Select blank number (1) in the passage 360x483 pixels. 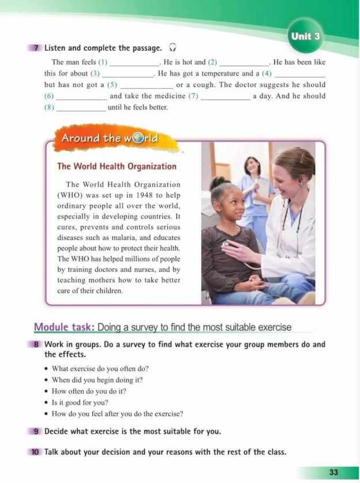[x=134, y=62]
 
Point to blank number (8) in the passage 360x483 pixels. [x=81, y=108]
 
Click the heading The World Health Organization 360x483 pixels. [x=117, y=166]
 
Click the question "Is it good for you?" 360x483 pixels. [x=80, y=402]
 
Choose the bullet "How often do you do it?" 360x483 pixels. [x=89, y=391]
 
